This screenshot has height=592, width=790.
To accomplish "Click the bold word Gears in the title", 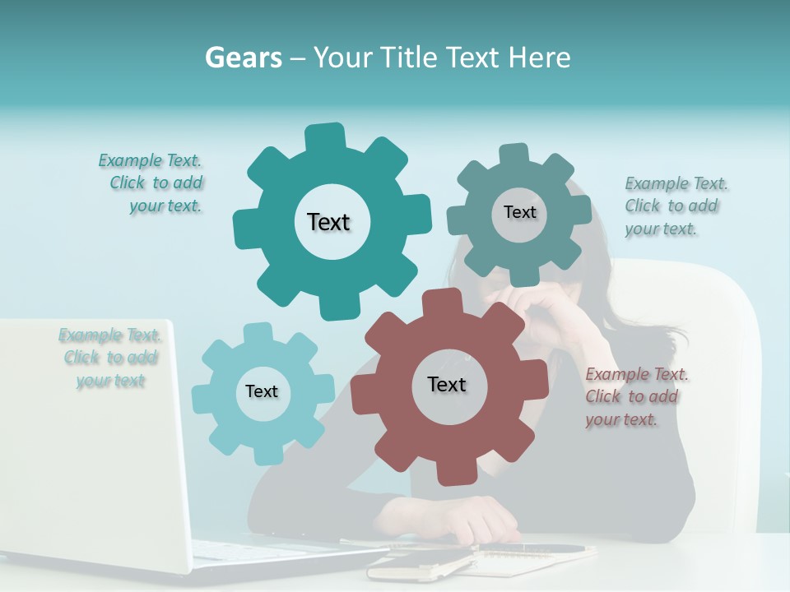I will tap(244, 58).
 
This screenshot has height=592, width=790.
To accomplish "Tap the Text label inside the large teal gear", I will tap(328, 222).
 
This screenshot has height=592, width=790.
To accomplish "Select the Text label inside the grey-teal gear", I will tap(519, 212).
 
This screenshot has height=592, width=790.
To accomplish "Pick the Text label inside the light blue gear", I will tap(262, 391).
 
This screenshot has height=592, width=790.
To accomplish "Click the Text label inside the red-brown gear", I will tap(447, 384).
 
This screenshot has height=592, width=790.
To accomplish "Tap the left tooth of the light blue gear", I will tap(202, 400).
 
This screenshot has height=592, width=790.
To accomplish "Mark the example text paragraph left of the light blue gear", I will tap(110, 358).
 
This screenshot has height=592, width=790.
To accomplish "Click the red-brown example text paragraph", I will tap(637, 396).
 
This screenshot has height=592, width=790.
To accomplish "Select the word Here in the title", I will tap(539, 58).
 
